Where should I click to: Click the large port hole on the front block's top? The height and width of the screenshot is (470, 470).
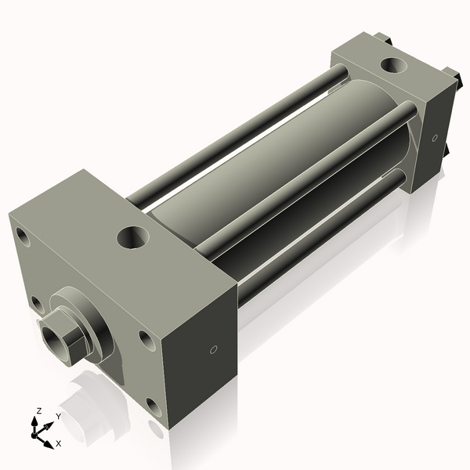(x=132, y=236)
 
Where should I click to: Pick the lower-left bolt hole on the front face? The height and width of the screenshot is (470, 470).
(x=35, y=303)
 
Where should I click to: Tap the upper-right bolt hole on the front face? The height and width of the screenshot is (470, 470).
(x=145, y=338)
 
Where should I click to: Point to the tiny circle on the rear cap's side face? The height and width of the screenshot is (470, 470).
(x=435, y=138)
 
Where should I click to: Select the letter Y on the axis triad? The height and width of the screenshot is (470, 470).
(x=58, y=416)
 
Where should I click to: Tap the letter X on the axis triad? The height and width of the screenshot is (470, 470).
(x=58, y=443)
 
